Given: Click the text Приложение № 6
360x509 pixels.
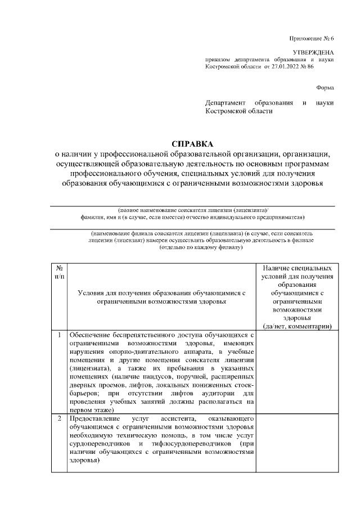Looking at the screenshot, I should pyautogui.click(x=312, y=38).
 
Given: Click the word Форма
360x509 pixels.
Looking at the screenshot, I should pyautogui.click(x=325, y=87).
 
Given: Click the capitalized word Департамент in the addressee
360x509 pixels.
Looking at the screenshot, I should pyautogui.click(x=226, y=103).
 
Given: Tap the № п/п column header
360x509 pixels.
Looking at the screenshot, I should pyautogui.click(x=59, y=273).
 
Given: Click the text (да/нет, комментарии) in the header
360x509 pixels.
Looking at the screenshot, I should pyautogui.click(x=298, y=326).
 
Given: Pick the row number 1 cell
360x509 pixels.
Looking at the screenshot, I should pyautogui.click(x=59, y=336).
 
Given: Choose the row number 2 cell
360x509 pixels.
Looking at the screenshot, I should pyautogui.click(x=59, y=420).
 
